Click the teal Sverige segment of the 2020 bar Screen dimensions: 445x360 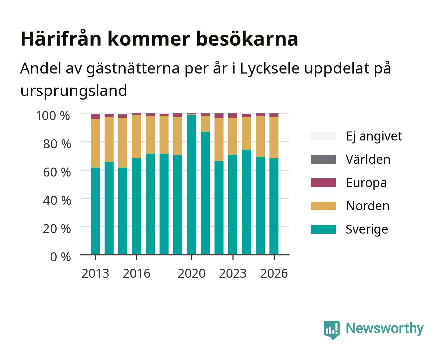point(192,185)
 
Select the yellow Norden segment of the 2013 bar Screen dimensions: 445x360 point(95,143)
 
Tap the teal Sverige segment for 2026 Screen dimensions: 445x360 point(274,206)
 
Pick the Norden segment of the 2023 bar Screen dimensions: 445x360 point(232,136)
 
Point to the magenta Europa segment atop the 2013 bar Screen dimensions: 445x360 point(95,117)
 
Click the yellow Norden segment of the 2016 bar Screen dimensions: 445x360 point(137,137)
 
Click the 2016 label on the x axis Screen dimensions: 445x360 point(137,273)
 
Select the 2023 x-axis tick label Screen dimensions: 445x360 point(233,273)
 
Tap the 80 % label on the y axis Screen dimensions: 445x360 point(57,144)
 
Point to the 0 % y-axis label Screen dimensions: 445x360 point(60,257)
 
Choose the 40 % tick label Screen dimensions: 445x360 point(57,200)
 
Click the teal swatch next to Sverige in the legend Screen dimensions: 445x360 point(323,229)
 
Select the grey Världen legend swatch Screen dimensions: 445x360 point(323,159)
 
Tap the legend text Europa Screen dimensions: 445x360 point(366,183)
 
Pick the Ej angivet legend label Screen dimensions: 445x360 point(374,137)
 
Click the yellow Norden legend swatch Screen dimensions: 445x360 point(323,206)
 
